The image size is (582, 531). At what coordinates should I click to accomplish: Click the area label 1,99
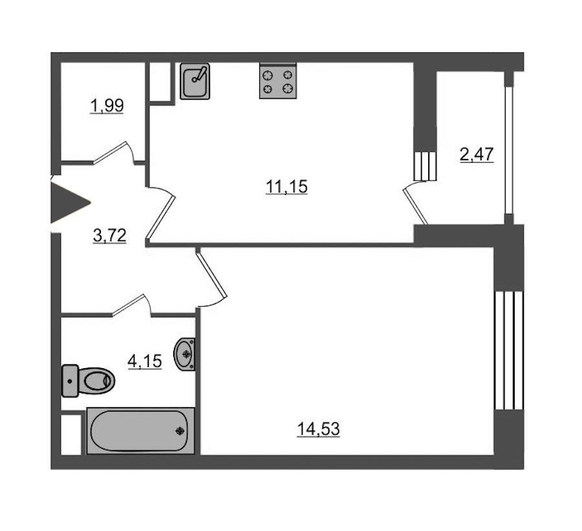107,106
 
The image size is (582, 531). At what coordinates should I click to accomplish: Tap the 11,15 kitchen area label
287,187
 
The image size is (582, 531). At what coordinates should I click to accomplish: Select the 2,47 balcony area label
477,154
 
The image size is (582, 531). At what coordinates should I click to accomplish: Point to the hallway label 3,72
110,235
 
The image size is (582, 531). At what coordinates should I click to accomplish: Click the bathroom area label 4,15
145,361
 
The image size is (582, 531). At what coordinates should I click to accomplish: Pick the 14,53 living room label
318,429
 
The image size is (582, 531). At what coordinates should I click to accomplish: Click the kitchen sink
195,81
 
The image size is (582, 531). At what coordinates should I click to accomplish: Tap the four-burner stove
278,81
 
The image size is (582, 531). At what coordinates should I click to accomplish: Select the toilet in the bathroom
89,381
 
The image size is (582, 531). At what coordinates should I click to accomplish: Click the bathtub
141,430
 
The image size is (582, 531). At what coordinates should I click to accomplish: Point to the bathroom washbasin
184,354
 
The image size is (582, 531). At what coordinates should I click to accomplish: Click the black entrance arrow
70,202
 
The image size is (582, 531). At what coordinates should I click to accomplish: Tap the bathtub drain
180,431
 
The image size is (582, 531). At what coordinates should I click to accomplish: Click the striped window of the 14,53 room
509,350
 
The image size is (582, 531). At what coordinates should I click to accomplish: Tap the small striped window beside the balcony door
425,166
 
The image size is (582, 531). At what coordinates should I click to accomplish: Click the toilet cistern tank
70,381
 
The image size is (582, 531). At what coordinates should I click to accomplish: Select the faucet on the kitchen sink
199,74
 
